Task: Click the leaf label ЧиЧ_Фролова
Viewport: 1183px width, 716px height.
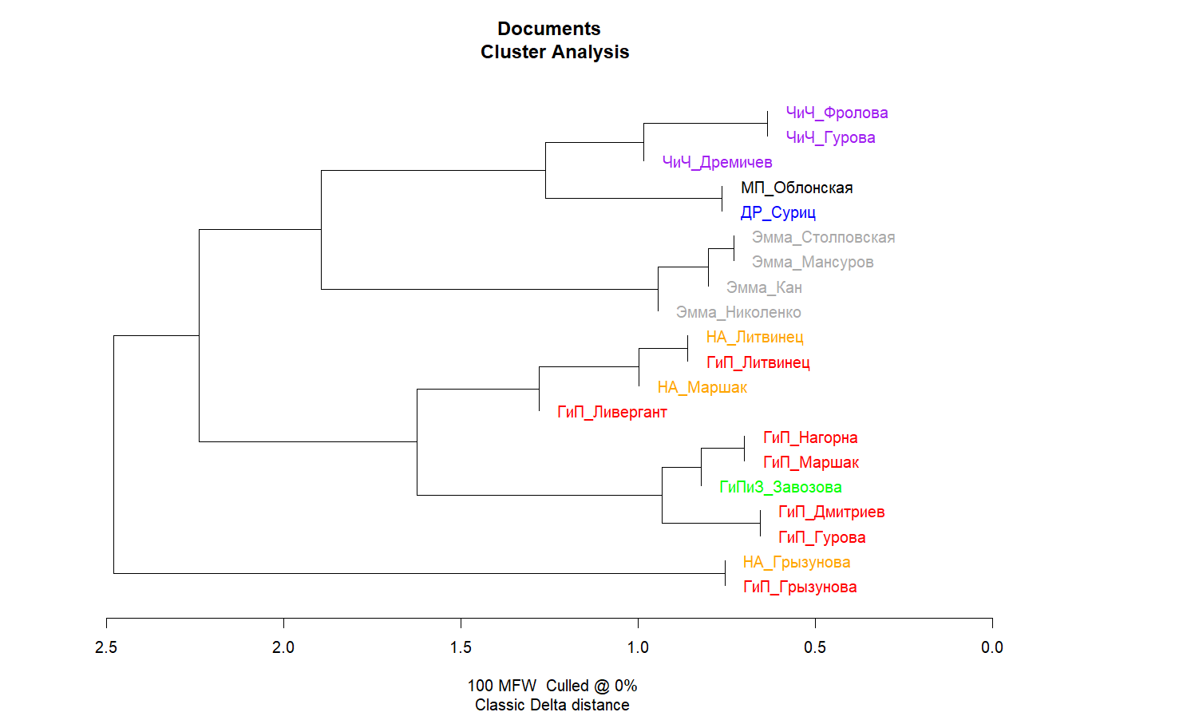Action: [x=837, y=113]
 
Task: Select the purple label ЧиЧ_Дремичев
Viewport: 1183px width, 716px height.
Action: [x=717, y=162]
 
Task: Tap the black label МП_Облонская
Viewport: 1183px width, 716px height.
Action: [x=797, y=188]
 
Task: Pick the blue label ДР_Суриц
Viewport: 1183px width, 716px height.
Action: [x=777, y=212]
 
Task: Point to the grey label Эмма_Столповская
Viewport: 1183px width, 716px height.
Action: [x=823, y=237]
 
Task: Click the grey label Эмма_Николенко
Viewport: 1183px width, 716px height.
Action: [x=738, y=312]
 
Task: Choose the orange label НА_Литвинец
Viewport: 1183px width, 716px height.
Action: [x=754, y=337]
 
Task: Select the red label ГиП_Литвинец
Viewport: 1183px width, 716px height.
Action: [x=758, y=362]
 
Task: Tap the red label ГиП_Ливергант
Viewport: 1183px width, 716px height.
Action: [x=611, y=412]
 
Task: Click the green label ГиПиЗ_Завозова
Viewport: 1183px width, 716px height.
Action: [x=780, y=487]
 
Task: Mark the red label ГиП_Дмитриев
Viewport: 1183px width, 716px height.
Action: [x=831, y=512]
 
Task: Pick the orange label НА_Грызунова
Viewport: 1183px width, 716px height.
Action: [x=796, y=562]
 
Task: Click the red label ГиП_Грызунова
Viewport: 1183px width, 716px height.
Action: [x=799, y=587]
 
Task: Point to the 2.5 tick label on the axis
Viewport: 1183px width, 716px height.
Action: [x=106, y=647]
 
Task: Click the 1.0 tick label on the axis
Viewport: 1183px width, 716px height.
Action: [x=638, y=647]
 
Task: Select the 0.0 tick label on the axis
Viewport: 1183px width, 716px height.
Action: [x=992, y=647]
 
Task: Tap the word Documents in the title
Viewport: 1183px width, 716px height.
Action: [x=549, y=29]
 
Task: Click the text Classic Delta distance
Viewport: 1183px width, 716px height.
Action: [x=552, y=705]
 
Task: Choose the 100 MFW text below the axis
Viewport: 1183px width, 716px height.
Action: [x=501, y=686]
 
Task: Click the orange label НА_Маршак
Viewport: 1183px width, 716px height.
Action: [x=702, y=387]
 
